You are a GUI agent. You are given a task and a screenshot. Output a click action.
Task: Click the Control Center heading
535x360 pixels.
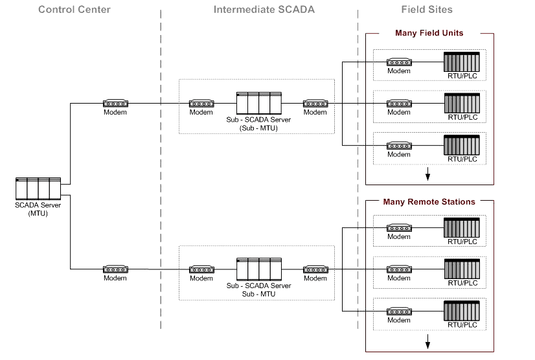pos(74,10)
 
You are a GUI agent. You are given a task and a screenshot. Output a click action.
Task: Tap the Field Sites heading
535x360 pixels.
pos(426,10)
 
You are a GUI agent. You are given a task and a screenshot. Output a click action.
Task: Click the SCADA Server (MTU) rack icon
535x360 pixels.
pos(38,188)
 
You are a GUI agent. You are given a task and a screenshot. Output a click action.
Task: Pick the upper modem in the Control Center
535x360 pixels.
pos(115,103)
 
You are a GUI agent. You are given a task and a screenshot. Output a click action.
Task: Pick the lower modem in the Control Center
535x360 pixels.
pos(115,269)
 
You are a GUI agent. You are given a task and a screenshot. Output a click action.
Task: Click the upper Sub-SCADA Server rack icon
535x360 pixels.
pos(258,103)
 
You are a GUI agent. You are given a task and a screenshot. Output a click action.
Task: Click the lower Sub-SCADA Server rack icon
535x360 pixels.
pos(258,269)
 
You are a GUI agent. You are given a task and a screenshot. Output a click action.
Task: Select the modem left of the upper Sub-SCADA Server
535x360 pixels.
pos(201,103)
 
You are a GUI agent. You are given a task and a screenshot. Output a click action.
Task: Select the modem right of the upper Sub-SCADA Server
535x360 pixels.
pos(315,103)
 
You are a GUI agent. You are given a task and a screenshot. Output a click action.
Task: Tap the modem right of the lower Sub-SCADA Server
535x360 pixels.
pos(315,269)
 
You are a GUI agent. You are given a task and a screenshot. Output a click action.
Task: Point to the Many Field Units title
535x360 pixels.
pos(429,33)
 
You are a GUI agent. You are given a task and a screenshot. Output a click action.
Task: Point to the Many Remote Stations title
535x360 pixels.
pos(429,202)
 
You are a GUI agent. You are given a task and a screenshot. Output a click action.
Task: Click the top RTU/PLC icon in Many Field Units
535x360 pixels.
pos(462,62)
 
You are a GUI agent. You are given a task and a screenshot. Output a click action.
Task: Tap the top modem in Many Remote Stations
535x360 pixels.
pos(399,228)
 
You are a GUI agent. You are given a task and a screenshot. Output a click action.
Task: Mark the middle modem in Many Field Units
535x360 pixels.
pos(399,104)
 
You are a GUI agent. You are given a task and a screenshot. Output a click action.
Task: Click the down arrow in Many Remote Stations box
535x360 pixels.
pos(427,343)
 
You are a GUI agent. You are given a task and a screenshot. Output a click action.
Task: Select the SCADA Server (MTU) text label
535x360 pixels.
pos(38,209)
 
